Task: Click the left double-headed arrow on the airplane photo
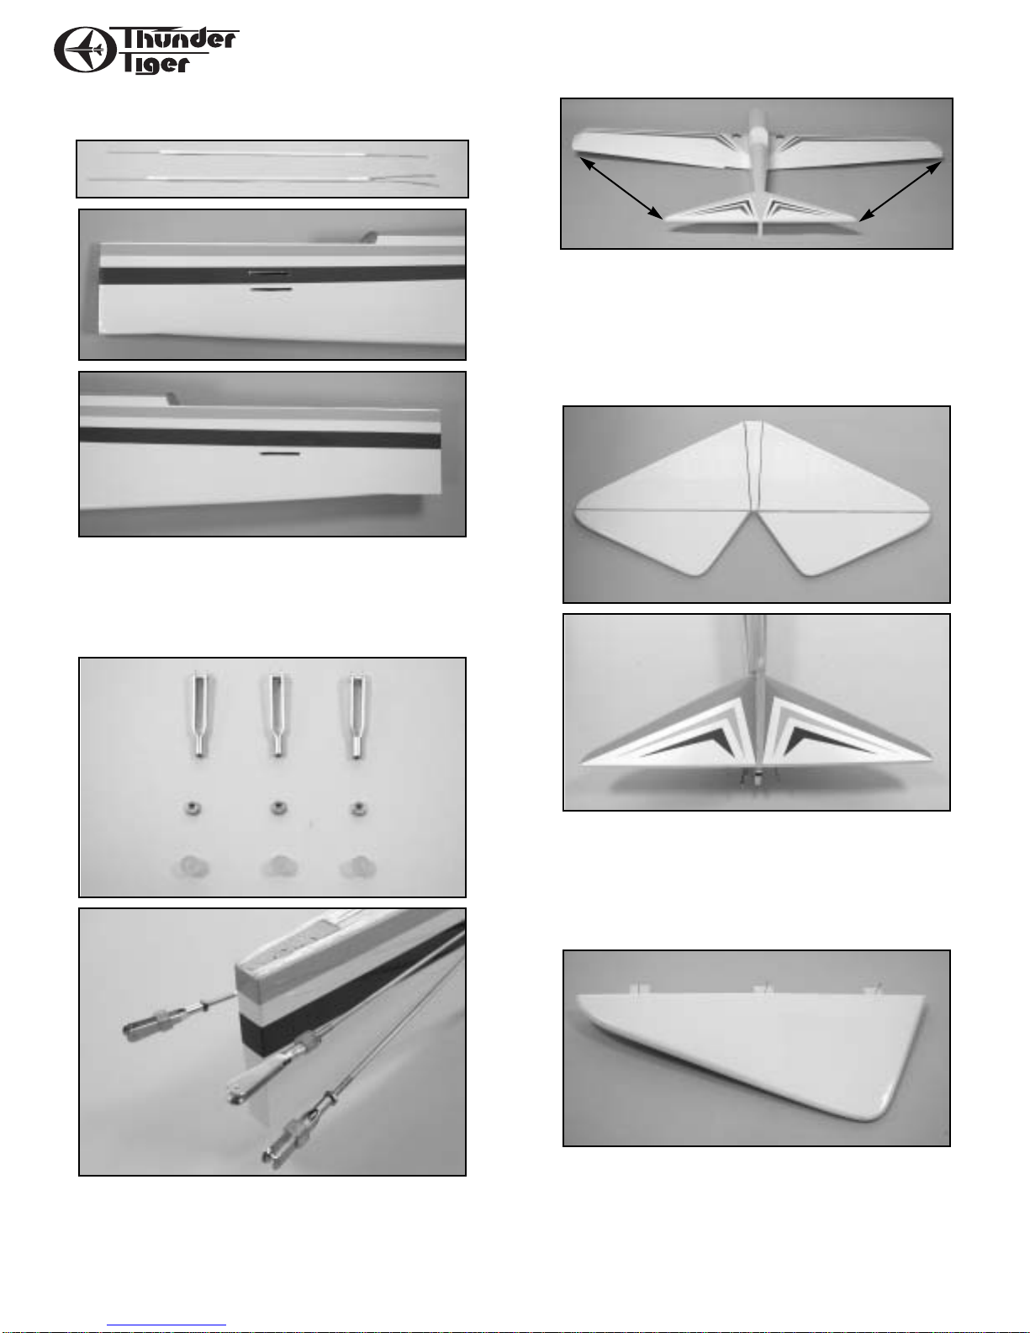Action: click(x=621, y=188)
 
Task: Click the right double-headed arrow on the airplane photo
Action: click(x=901, y=190)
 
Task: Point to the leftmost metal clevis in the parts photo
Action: click(x=199, y=715)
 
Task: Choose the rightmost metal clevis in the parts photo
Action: click(x=357, y=715)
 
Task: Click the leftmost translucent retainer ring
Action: click(x=189, y=867)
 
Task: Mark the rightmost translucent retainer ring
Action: click(x=357, y=867)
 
